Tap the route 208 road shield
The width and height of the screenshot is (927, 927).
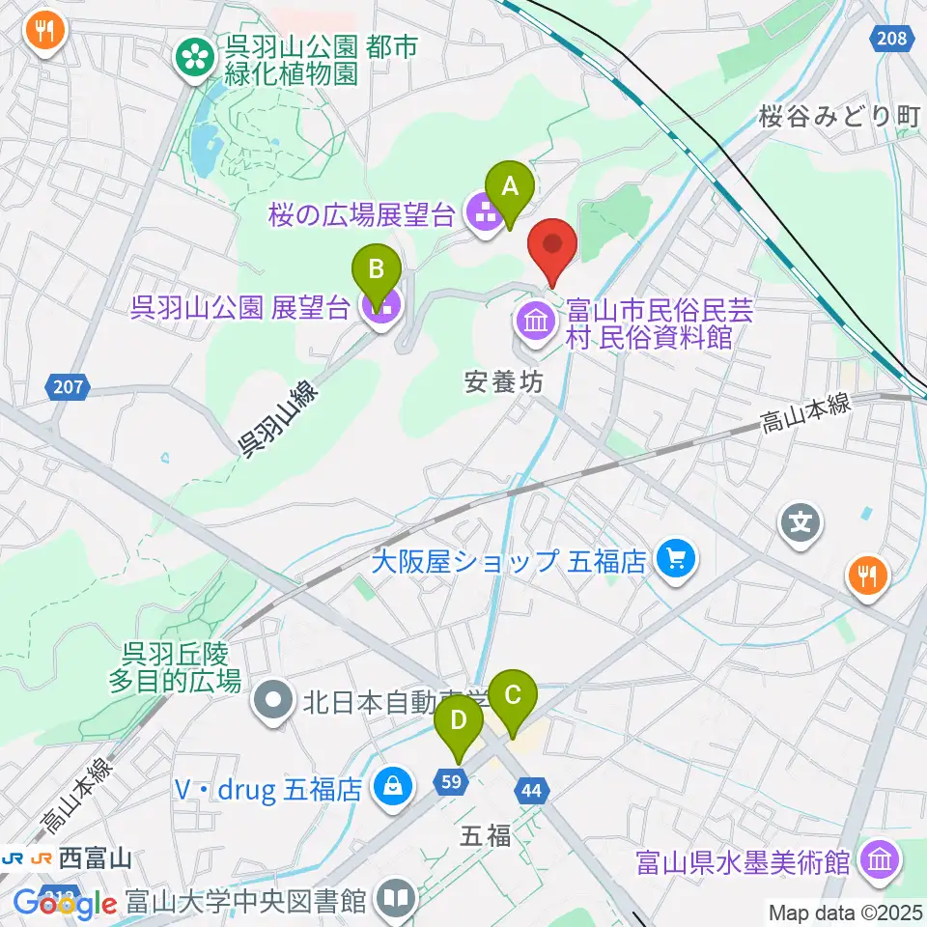[892, 38]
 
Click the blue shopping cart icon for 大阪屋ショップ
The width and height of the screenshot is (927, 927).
[674, 558]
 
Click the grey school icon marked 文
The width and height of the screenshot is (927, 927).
[801, 524]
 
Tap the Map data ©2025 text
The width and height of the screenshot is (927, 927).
[846, 911]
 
